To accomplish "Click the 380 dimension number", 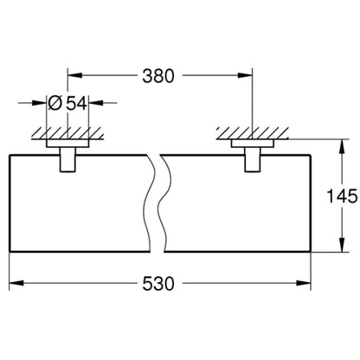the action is coord(158,76).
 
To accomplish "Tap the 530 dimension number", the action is coord(158,283).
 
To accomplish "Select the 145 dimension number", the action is coord(342,196).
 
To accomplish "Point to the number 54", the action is coord(76,103).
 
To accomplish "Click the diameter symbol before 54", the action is coord(55,103).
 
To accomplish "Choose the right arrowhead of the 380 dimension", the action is coord(245,75).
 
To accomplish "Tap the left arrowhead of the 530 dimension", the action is coord(16,283).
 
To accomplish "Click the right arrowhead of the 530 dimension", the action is coord(304,283).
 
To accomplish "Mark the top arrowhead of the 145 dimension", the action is coord(342,147).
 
